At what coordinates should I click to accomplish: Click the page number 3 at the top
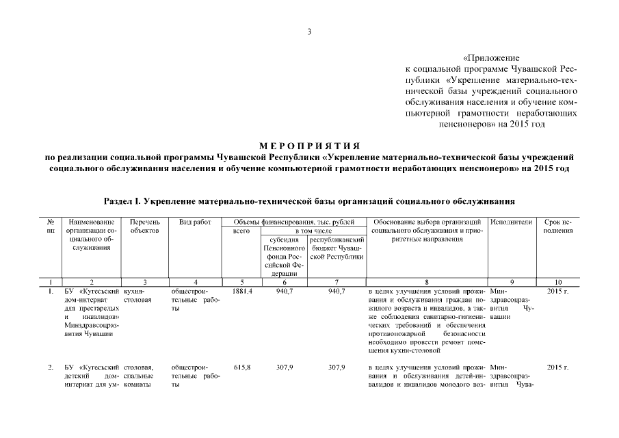tap(309, 31)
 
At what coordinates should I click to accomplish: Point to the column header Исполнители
tap(511, 222)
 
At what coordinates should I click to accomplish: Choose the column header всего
tap(242, 231)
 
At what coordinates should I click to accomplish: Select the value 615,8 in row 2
tap(242, 368)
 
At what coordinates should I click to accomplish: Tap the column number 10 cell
tap(557, 281)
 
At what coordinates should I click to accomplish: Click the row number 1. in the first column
tap(51, 291)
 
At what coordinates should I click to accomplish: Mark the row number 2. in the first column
tap(51, 368)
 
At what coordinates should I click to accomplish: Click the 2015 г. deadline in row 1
tap(557, 291)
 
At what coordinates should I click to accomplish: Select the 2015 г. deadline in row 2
tap(557, 368)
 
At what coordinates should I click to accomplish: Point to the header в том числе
tap(312, 231)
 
